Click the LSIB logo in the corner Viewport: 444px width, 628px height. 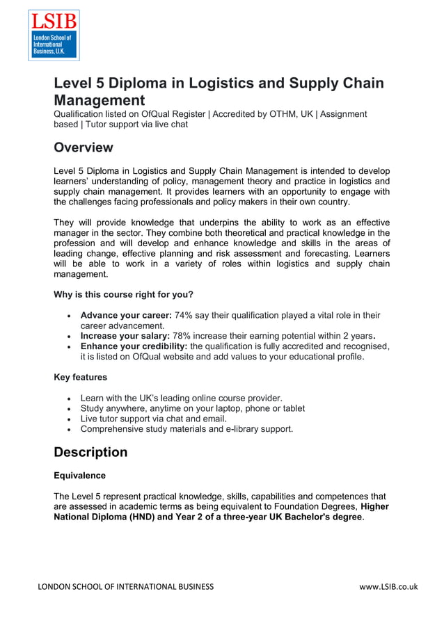click(x=54, y=35)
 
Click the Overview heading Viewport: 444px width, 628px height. click(x=83, y=147)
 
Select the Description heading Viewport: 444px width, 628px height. click(x=90, y=452)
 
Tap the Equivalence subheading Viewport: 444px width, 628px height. click(x=79, y=476)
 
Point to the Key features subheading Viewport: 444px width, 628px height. click(x=80, y=377)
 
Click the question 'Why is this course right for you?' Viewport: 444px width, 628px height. click(x=123, y=293)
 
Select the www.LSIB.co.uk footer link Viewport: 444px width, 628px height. click(x=388, y=586)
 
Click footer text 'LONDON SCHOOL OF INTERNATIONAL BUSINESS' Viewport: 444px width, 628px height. click(x=125, y=586)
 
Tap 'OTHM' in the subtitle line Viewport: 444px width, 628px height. click(x=287, y=114)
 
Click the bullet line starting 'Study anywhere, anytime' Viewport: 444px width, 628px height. click(x=192, y=408)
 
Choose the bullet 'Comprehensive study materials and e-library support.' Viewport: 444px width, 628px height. click(x=187, y=429)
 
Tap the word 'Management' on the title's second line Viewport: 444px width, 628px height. click(x=99, y=100)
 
